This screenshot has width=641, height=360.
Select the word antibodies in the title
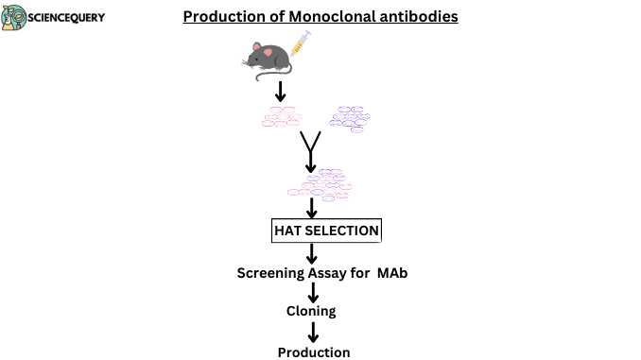point(422,17)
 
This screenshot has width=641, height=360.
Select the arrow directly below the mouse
point(280,92)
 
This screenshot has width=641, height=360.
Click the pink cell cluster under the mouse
point(281,117)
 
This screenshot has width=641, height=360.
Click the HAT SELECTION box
point(326,231)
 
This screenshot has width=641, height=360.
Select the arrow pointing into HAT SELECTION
point(311,209)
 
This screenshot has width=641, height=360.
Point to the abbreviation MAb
point(393,274)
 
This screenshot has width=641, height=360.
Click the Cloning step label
point(311,311)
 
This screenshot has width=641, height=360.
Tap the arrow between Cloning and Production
point(312,332)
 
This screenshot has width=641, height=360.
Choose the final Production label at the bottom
point(313,352)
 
